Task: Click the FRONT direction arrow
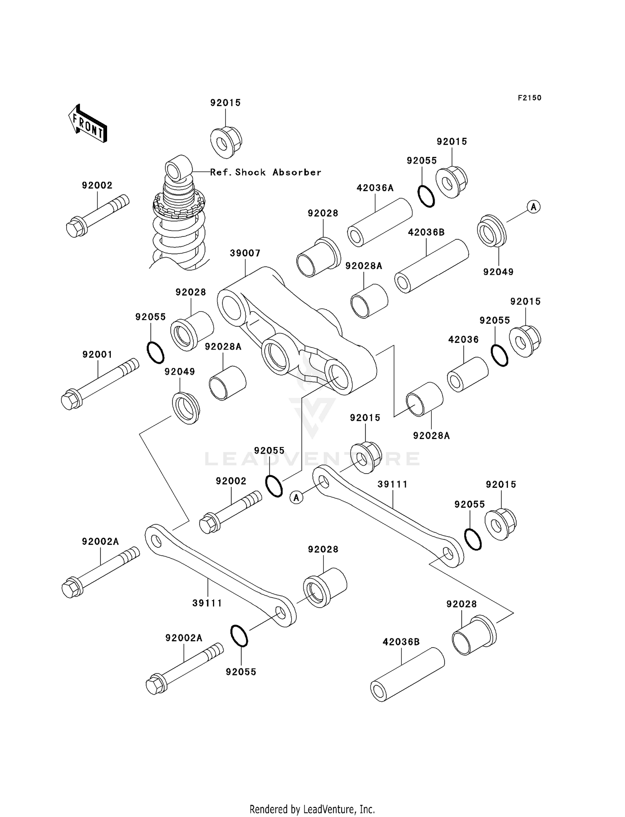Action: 88,124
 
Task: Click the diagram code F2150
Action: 529,98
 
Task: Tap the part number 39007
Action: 245,253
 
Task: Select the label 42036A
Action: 375,188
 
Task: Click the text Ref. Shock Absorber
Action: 266,172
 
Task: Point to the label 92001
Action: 97,355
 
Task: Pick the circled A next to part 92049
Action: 533,206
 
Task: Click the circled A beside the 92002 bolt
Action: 296,497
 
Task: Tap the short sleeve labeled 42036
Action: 467,374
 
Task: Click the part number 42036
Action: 463,340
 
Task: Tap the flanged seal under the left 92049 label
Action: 186,408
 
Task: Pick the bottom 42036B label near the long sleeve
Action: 401,642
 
